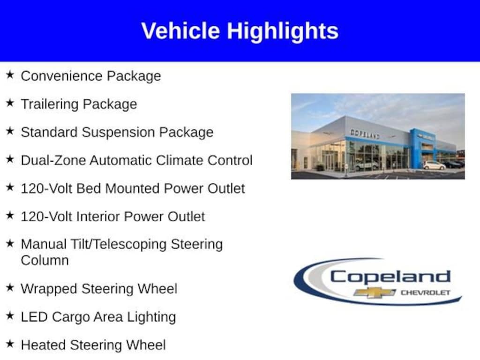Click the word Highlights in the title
tap(282, 31)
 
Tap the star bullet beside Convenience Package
tap(10, 75)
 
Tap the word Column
tap(45, 260)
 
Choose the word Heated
tap(44, 345)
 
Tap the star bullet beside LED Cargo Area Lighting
tap(10, 316)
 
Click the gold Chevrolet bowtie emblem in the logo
tap(375, 292)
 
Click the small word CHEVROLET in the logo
tap(425, 292)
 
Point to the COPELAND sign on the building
tap(365, 134)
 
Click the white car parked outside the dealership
tap(434, 165)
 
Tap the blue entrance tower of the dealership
tap(417, 148)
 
